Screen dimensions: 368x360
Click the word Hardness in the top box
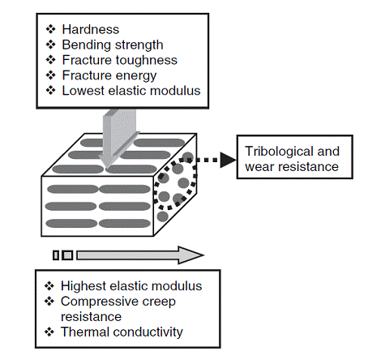91,29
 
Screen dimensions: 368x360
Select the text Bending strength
113,45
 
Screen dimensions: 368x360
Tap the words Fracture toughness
120,60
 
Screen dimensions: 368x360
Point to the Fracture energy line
109,75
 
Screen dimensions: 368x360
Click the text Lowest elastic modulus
131,91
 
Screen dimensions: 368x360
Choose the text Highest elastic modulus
131,286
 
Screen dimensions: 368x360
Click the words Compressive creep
118,302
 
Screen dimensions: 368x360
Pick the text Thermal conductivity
122,332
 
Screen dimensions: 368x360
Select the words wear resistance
292,167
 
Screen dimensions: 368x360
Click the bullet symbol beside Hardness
50,29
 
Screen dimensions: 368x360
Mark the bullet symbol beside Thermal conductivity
49,332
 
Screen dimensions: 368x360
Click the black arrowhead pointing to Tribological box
228,160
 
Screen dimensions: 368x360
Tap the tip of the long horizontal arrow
203,255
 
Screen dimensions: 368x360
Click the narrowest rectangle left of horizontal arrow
56,255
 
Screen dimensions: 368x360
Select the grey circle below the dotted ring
163,216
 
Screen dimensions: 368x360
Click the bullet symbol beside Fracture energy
50,75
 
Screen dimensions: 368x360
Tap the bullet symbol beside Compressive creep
49,301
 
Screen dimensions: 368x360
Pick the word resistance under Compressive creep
92,317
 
